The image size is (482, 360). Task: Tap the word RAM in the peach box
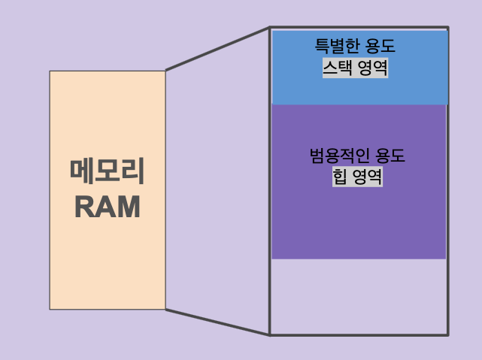pos(107,207)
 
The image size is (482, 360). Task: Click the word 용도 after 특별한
pos(380,47)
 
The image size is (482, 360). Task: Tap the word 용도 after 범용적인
pos(389,156)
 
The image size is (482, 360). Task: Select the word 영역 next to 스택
pos(372,69)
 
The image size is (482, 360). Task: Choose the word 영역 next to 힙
pos(366,177)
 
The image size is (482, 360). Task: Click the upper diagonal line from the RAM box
pos(217,49)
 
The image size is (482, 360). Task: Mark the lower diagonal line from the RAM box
pos(217,322)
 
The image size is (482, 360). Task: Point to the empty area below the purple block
pos(359,296)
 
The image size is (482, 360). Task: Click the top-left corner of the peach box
pos(50,71)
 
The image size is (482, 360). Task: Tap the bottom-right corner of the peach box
pos(165,309)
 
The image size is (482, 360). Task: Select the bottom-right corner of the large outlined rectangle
pos(448,334)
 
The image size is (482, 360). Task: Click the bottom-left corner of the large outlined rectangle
pos(270,334)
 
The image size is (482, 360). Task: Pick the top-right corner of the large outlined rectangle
pos(448,29)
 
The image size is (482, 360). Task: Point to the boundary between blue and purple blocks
pos(359,104)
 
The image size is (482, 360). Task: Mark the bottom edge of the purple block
pos(359,259)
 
